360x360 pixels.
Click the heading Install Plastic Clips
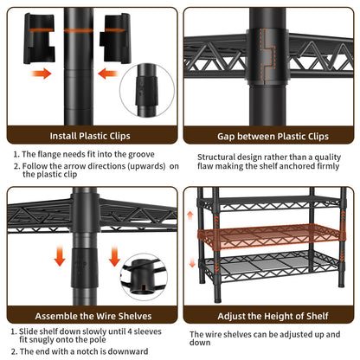pyautogui.click(x=90, y=136)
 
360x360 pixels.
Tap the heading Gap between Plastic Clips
pyautogui.click(x=273, y=136)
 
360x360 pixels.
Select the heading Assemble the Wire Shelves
pyautogui.click(x=93, y=316)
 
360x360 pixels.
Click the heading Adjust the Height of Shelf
pyautogui.click(x=273, y=316)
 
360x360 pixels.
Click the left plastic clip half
pyautogui.click(x=39, y=38)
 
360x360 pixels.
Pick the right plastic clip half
pyautogui.click(x=115, y=38)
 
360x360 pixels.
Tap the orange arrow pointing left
pyautogui.click(x=108, y=74)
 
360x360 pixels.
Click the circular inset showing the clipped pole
pyautogui.click(x=147, y=90)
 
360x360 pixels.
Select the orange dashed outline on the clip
pyautogui.click(x=267, y=55)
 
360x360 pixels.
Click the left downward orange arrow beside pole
pyautogui.click(x=60, y=255)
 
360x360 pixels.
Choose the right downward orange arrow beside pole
pyautogui.click(x=114, y=255)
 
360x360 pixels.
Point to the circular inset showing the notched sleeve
pyautogui.click(x=144, y=277)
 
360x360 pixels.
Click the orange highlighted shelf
pyautogui.click(x=271, y=236)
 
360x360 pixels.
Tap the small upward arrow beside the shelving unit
pyautogui.click(x=190, y=215)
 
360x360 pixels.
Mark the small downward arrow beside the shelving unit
pyautogui.click(x=192, y=262)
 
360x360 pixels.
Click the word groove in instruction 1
pyautogui.click(x=141, y=155)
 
